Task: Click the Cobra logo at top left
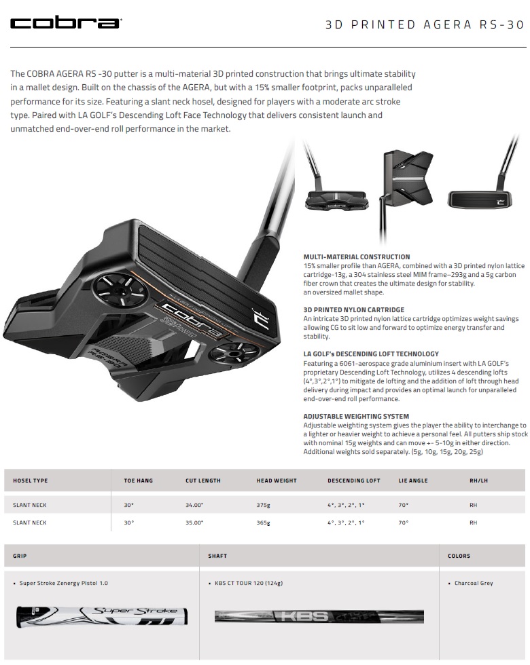(x=66, y=23)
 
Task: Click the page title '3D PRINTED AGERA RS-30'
(x=425, y=24)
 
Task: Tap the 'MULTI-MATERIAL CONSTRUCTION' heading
(x=357, y=256)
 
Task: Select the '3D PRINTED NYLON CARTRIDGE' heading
(x=354, y=309)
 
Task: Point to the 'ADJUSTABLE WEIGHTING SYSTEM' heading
(x=356, y=416)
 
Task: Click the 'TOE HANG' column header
(x=138, y=480)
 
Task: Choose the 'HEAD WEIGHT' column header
(x=277, y=480)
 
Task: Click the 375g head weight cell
(x=264, y=505)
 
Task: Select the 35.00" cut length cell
(x=194, y=522)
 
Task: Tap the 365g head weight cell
(x=264, y=522)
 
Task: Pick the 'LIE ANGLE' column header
(x=413, y=480)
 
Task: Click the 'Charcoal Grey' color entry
(x=474, y=583)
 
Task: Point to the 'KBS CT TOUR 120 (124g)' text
(x=249, y=583)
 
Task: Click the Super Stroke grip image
(x=102, y=617)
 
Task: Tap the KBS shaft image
(x=319, y=616)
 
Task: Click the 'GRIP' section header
(x=20, y=556)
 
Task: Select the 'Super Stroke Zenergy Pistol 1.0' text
(x=64, y=583)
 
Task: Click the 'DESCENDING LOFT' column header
(x=354, y=480)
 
